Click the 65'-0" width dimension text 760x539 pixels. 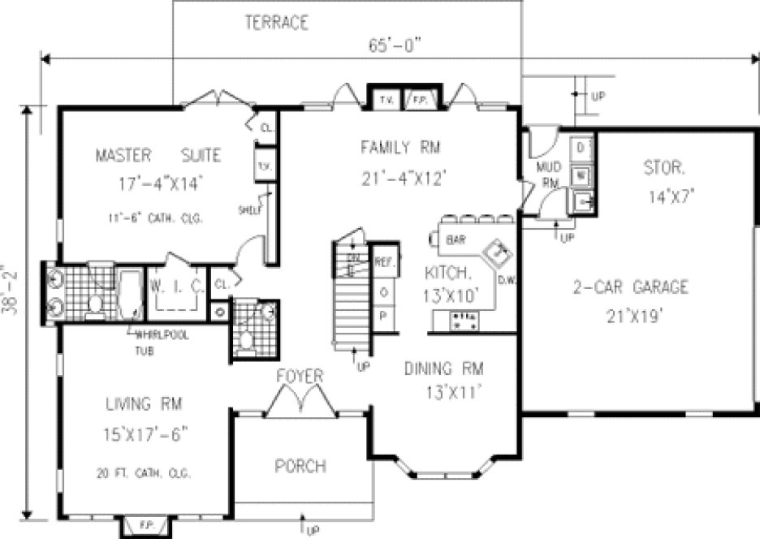[x=396, y=46]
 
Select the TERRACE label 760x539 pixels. [x=276, y=23]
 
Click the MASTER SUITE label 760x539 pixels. [x=158, y=154]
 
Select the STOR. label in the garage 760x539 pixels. [x=664, y=170]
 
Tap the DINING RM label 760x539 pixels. [x=443, y=369]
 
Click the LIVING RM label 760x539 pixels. [x=143, y=403]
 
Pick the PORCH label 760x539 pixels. [x=300, y=466]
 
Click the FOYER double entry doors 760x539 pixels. [x=300, y=402]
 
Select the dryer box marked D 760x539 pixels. [x=581, y=149]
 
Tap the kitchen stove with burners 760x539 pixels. [x=464, y=321]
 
